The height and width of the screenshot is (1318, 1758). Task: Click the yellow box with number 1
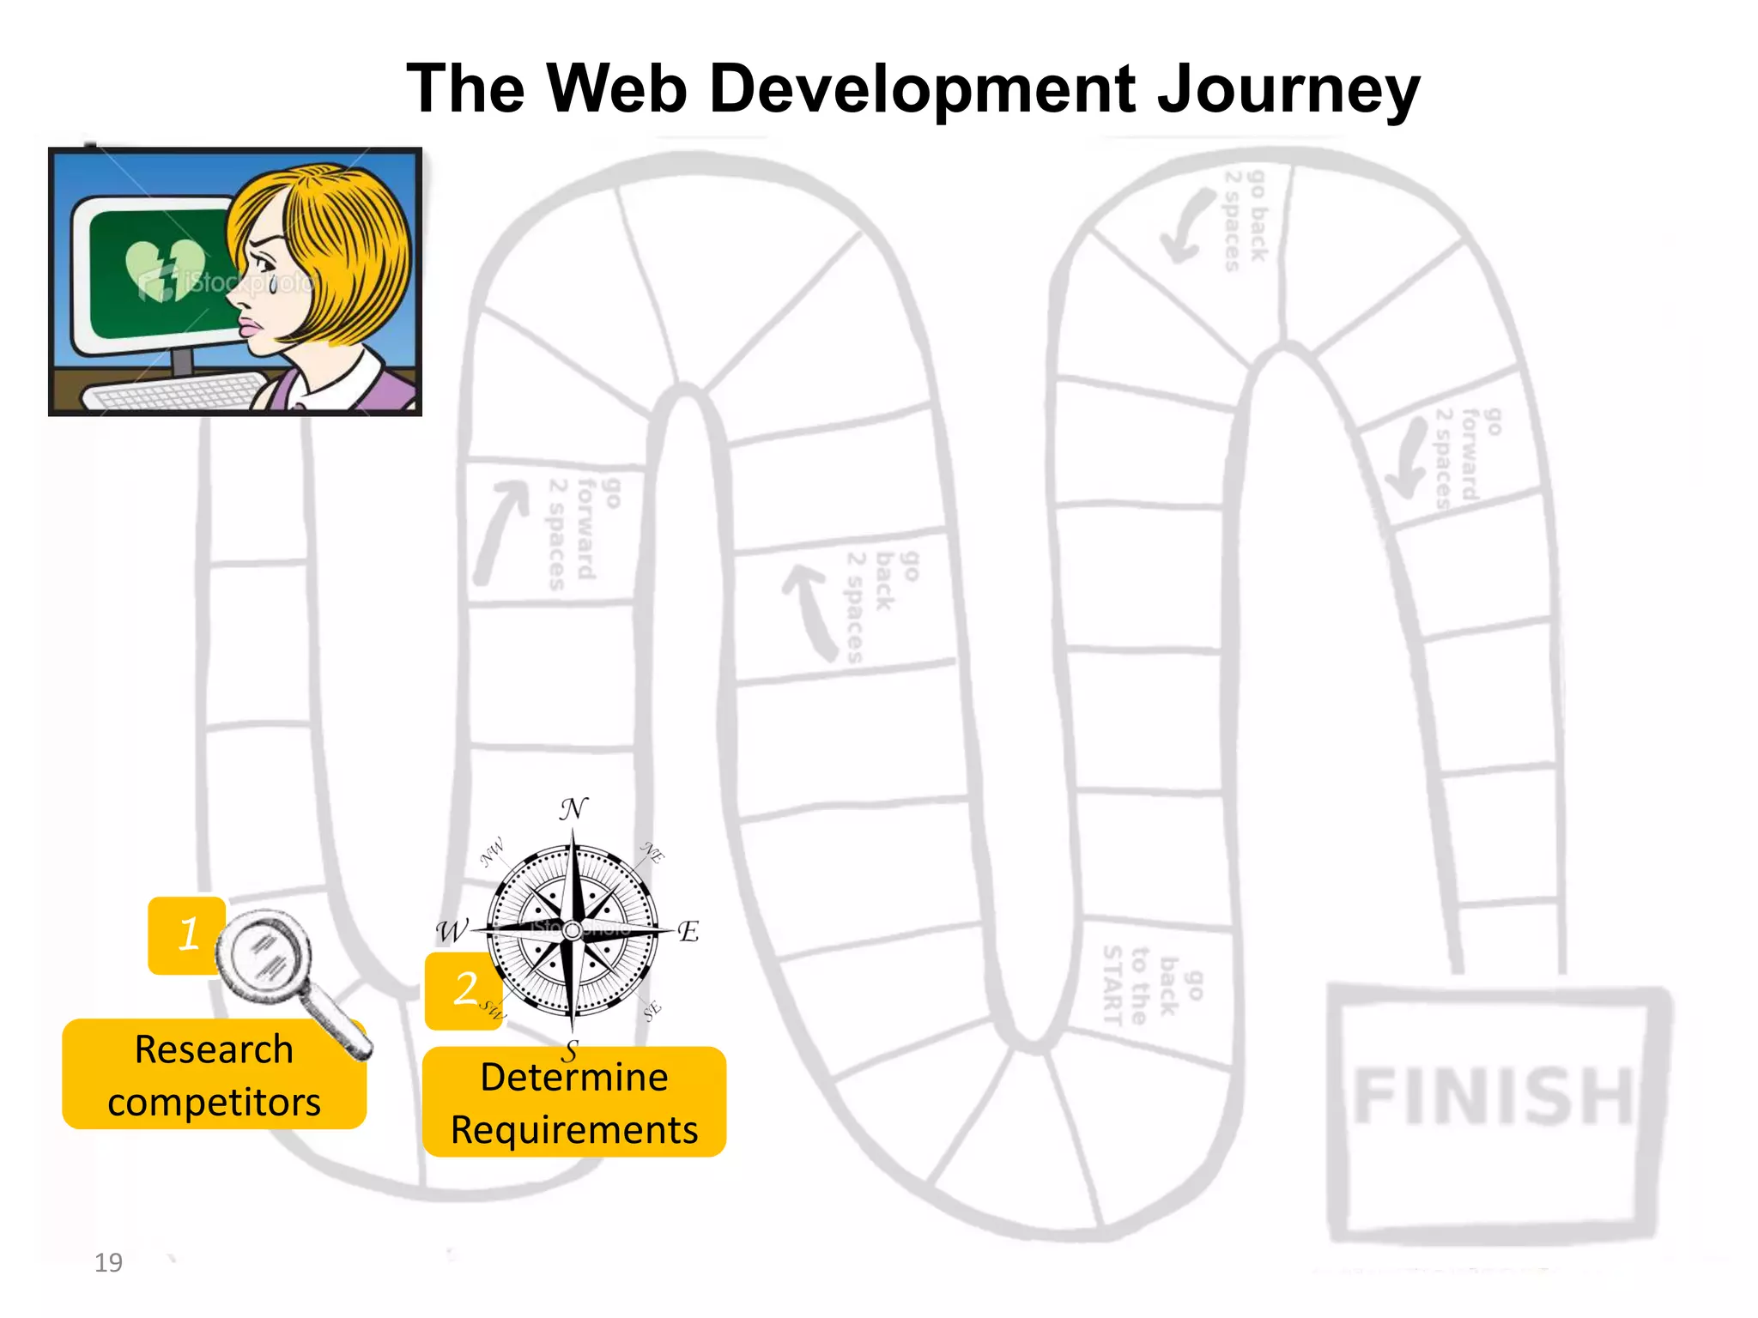[x=185, y=934]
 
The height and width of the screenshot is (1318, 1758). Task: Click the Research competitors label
[x=214, y=1075]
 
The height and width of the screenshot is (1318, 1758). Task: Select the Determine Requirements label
[x=574, y=1103]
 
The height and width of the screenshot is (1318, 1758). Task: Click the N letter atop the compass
[x=573, y=808]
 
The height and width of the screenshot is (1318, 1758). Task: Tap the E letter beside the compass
[x=688, y=932]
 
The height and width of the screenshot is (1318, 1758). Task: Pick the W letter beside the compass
[x=451, y=931]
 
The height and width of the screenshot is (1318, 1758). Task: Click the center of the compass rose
[x=573, y=930]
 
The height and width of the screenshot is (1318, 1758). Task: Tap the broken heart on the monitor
[x=165, y=269]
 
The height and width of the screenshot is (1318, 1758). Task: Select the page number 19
[x=108, y=1263]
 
